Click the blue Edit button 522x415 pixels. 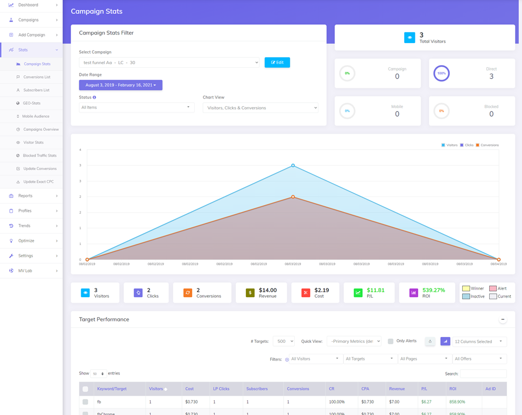point(277,62)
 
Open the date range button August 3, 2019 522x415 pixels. point(121,85)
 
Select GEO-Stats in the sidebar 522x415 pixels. point(31,103)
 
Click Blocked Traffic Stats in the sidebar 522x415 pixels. point(39,156)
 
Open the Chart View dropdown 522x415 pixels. point(260,108)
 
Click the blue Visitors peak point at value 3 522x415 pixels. point(293,165)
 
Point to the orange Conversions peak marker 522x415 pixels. point(293,197)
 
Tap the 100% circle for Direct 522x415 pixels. point(441,73)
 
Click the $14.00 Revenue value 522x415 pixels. point(267,290)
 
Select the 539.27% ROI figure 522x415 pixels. point(434,290)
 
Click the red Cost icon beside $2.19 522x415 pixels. point(305,293)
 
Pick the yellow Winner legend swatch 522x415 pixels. point(466,289)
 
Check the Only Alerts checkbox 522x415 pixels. point(391,341)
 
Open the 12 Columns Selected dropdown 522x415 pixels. point(478,341)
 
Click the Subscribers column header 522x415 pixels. point(257,389)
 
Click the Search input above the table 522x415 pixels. point(483,374)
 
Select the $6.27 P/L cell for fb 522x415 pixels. point(426,402)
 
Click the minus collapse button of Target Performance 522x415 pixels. point(503,319)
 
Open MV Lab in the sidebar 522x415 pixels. point(26,271)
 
